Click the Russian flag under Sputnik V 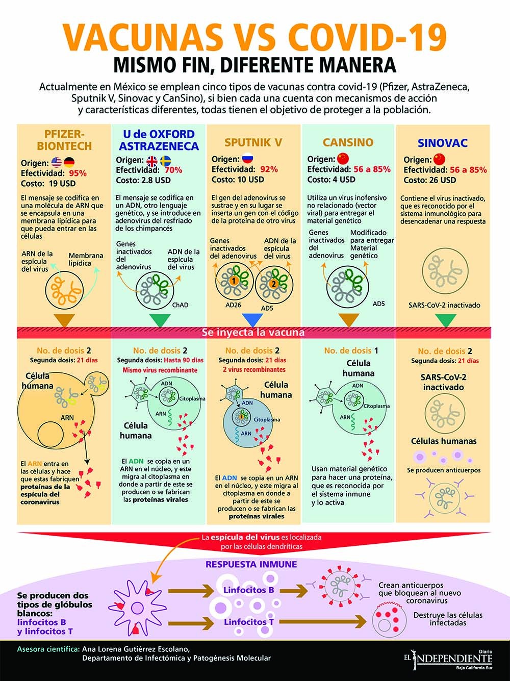(x=248, y=159)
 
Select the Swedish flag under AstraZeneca (x=166, y=161)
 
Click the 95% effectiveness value (x=78, y=173)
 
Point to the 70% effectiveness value (x=173, y=170)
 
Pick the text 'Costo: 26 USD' (x=430, y=180)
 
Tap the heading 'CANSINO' (x=348, y=142)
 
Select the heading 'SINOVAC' (x=443, y=143)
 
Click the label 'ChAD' (x=181, y=305)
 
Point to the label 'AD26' (x=233, y=305)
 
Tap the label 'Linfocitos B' (x=248, y=590)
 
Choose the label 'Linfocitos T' (x=248, y=622)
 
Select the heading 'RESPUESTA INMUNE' (x=251, y=565)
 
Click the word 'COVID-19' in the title (x=367, y=37)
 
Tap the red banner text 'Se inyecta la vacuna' (x=253, y=333)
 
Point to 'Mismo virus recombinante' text (x=160, y=370)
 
